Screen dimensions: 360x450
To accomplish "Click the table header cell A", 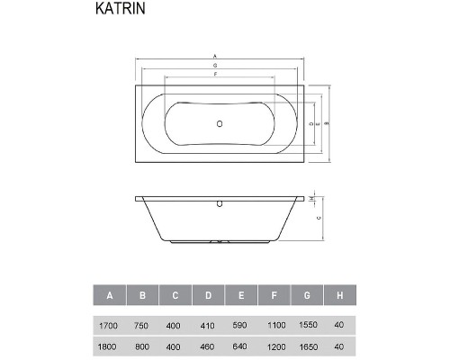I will [x=109, y=295].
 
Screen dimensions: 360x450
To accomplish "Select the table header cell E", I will [x=241, y=295].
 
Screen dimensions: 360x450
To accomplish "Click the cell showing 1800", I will [x=109, y=345].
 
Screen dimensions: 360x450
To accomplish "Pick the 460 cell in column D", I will [x=208, y=345].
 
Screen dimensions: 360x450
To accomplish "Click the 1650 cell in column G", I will [x=308, y=345].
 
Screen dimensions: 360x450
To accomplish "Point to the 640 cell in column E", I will [x=241, y=345].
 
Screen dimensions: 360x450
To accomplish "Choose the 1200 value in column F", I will [x=274, y=345].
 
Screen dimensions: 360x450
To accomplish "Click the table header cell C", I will [x=175, y=295].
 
